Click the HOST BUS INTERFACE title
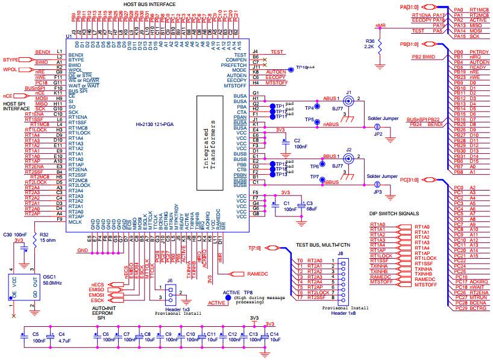coord(149,4)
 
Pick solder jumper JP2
coord(377,127)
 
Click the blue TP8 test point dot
coord(227,298)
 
